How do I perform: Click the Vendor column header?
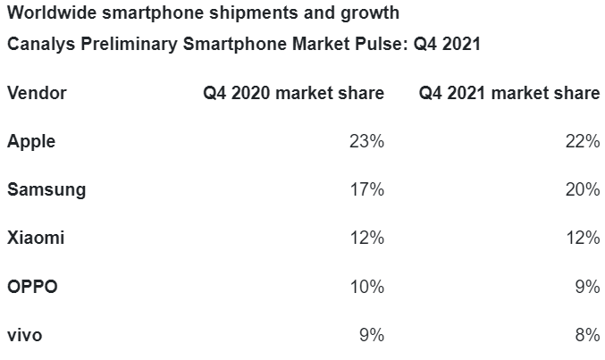click(x=37, y=93)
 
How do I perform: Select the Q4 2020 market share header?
click(x=293, y=93)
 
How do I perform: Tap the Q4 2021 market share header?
click(x=509, y=93)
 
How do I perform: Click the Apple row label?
click(x=31, y=141)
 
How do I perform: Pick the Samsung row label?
click(x=46, y=190)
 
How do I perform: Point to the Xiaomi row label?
click(x=35, y=239)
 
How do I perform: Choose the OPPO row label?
click(x=33, y=288)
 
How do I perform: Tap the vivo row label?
click(x=25, y=336)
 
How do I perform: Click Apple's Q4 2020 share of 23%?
click(x=367, y=141)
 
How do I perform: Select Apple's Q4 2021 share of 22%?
click(x=583, y=141)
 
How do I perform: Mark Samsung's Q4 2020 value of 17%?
click(x=367, y=190)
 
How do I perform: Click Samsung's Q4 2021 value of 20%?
click(x=583, y=190)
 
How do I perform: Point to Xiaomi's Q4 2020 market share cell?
click(x=367, y=239)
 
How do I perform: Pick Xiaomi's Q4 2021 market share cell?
click(x=583, y=239)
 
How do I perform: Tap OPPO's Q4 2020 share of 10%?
click(x=367, y=288)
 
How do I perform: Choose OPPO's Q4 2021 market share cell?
click(x=588, y=288)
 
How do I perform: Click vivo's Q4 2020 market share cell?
click(x=372, y=336)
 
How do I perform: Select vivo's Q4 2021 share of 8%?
click(x=588, y=336)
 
